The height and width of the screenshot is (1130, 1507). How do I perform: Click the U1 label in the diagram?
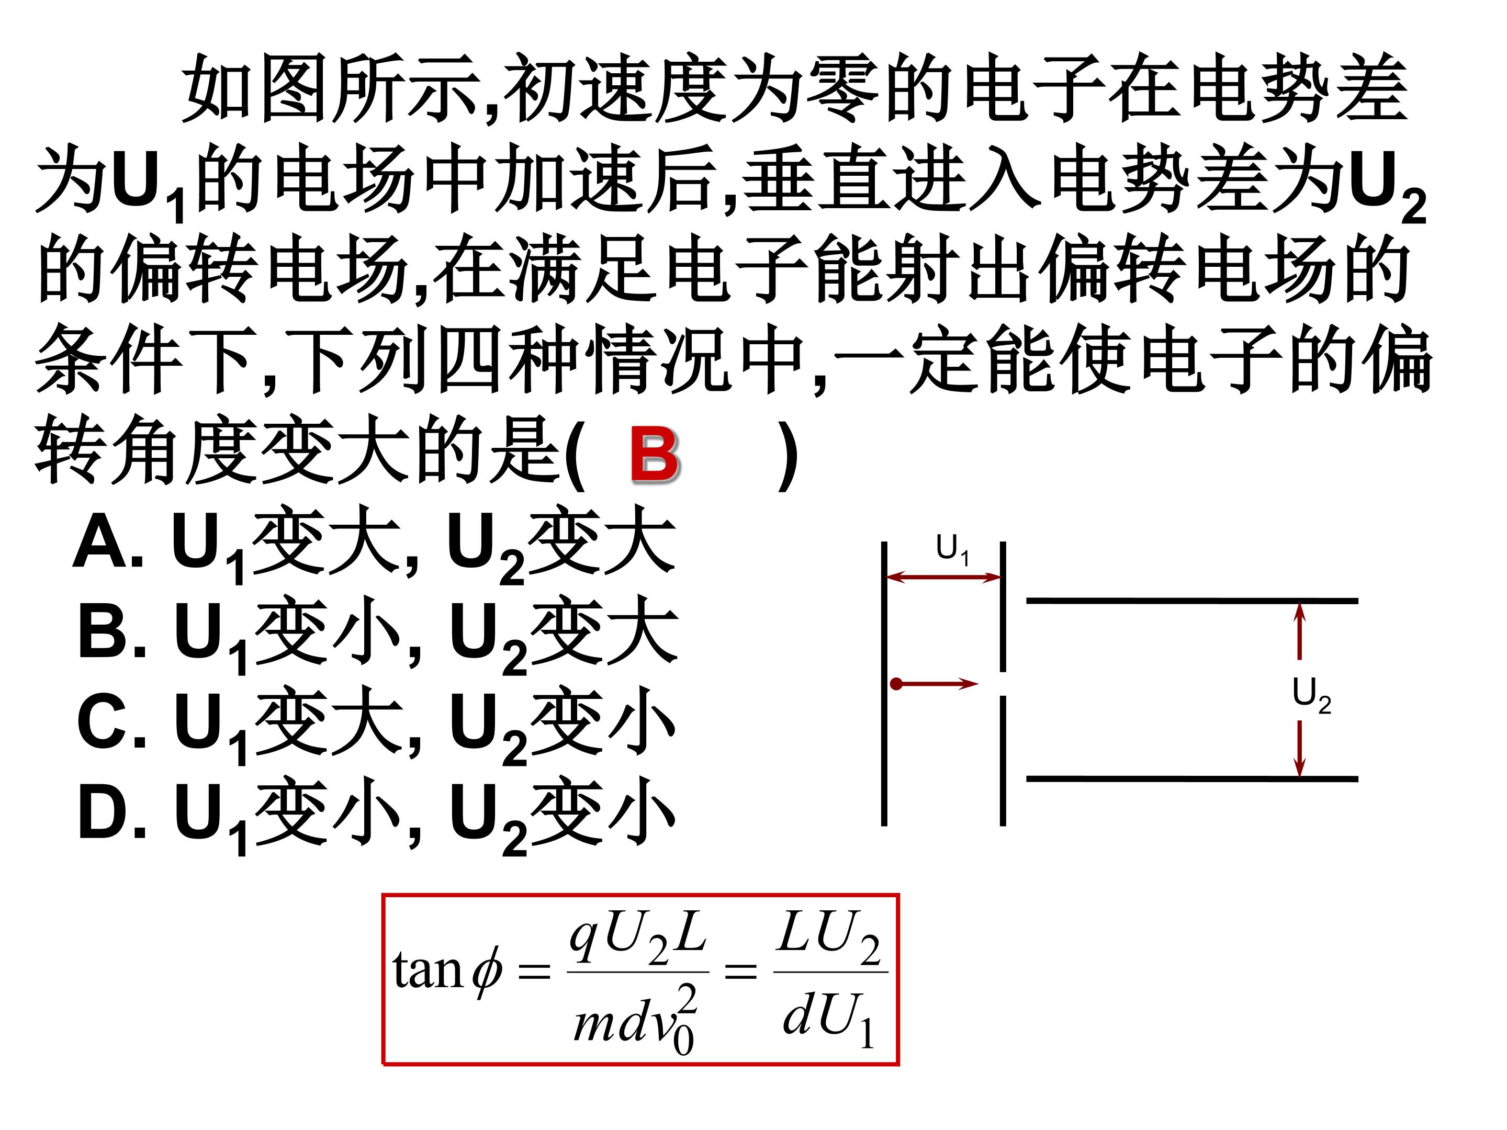[952, 549]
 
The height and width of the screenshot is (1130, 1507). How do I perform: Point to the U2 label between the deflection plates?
[1311, 695]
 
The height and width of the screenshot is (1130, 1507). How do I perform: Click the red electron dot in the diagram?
[896, 683]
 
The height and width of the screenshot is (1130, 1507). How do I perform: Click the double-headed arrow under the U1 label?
[943, 578]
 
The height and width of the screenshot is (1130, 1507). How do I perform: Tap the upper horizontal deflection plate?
[1192, 601]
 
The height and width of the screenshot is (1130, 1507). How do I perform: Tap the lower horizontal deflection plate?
[1192, 778]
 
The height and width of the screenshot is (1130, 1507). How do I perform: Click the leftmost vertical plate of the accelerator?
[884, 683]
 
